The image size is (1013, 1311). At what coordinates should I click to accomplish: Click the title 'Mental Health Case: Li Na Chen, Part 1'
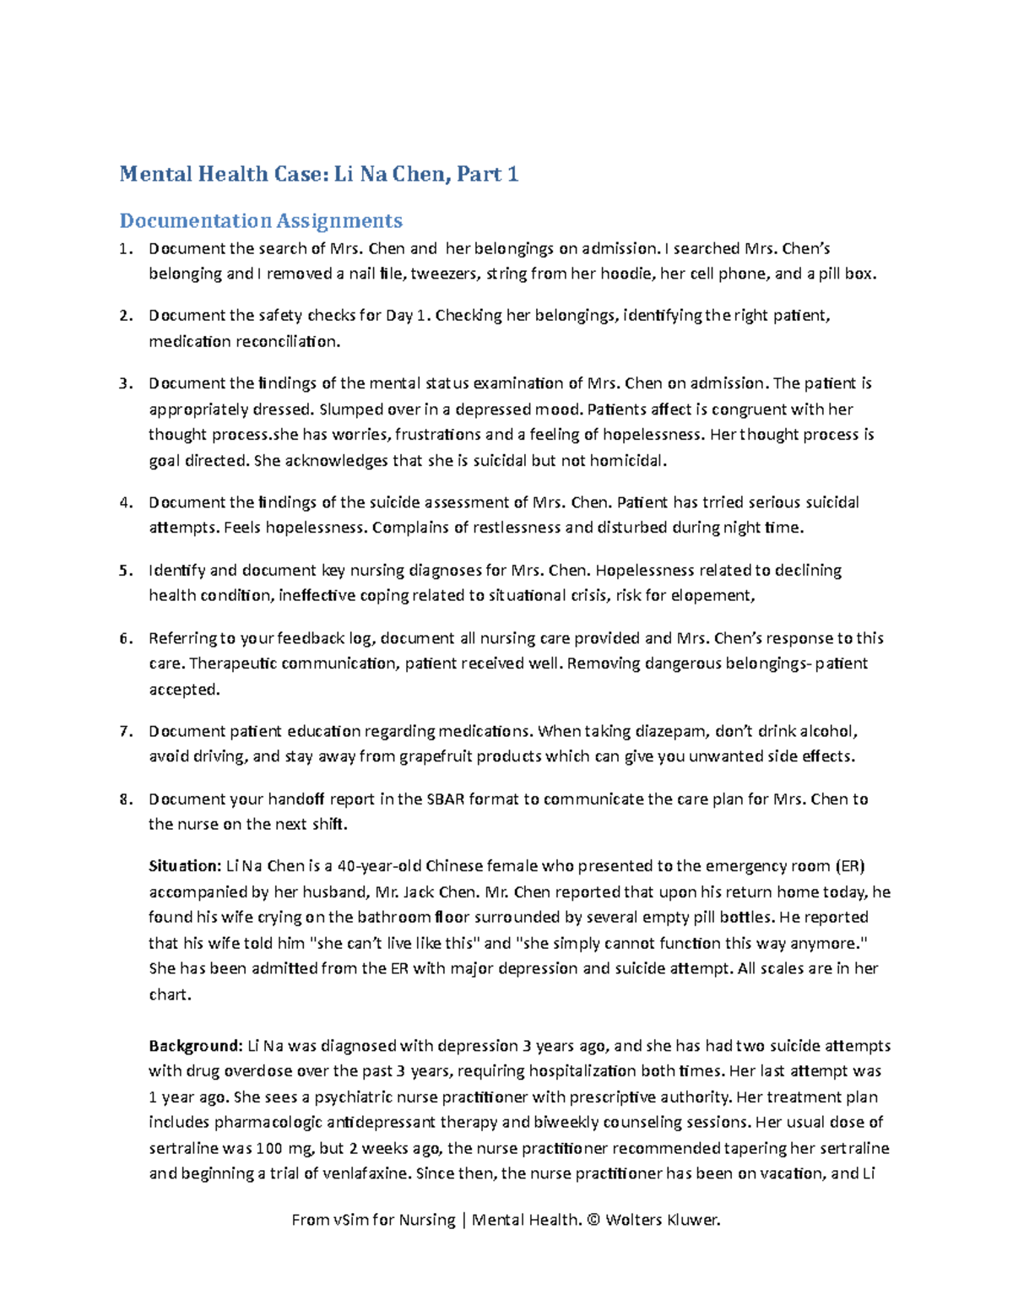318,175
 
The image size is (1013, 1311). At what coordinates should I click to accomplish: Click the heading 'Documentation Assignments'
261,221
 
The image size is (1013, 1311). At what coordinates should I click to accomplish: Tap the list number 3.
125,384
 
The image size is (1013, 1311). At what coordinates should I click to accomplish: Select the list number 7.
125,732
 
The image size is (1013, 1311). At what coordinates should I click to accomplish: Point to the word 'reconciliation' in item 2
287,342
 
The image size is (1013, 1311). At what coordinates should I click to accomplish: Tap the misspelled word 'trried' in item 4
724,503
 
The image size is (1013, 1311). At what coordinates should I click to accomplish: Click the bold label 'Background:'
195,1047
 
